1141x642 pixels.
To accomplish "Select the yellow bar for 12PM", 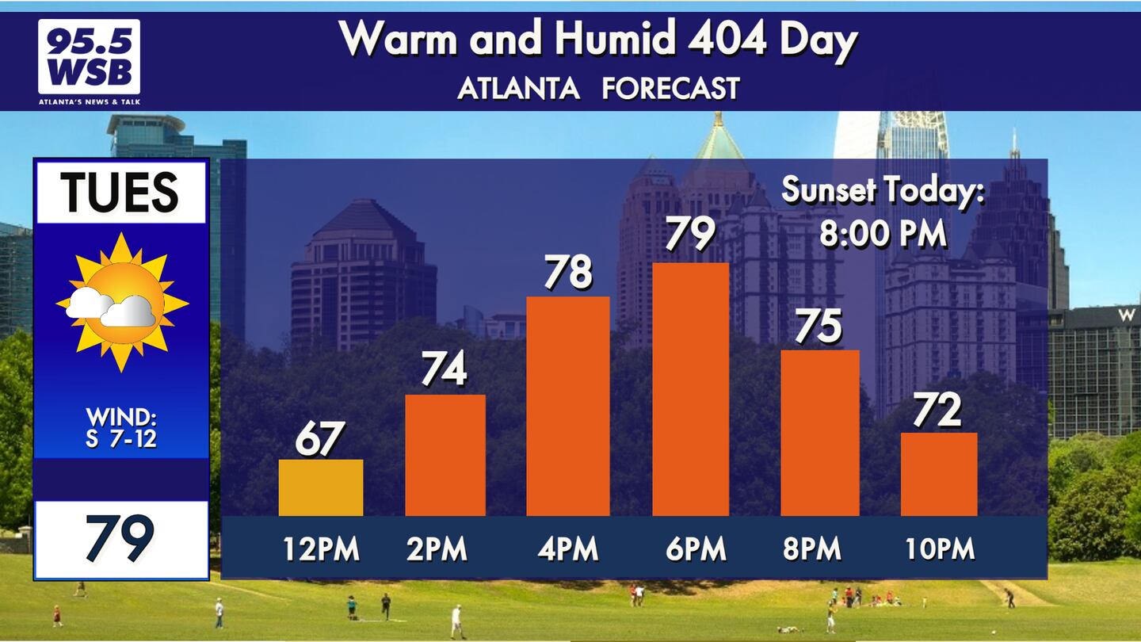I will [321, 487].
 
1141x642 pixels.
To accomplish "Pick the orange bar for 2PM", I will [445, 455].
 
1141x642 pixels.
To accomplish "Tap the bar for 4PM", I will [568, 406].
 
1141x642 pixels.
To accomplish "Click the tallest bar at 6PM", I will [691, 389].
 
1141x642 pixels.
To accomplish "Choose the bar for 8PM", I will [820, 433].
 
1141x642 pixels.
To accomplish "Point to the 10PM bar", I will [939, 474].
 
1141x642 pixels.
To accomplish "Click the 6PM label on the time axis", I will [696, 549].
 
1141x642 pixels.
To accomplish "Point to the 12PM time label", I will [321, 549].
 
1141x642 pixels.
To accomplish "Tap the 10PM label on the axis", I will [940, 549].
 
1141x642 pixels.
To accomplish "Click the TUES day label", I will [120, 192].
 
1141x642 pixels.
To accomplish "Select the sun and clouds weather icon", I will [120, 303].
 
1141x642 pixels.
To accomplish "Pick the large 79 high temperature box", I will [120, 539].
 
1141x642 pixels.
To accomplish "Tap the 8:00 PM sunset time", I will [883, 234].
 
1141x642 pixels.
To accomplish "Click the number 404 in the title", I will [727, 38].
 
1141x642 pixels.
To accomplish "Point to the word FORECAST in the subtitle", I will [670, 88].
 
